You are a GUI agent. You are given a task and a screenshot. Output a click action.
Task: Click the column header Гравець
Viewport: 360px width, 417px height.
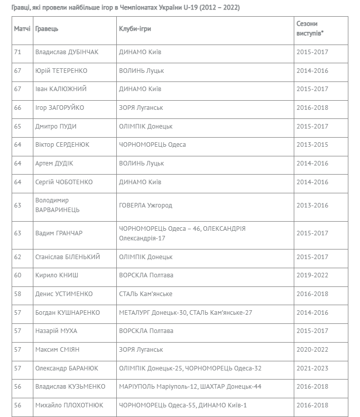point(47,29)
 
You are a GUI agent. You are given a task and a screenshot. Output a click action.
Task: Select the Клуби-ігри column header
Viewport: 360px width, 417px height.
point(134,29)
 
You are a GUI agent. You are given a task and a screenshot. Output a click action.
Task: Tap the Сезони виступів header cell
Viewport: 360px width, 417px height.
point(309,29)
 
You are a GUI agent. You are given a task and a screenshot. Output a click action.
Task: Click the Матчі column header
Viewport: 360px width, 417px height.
point(22,29)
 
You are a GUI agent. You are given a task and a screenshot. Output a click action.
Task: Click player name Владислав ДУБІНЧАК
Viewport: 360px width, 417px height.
point(67,52)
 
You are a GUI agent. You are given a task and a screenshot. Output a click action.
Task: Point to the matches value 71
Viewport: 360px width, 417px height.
point(18,52)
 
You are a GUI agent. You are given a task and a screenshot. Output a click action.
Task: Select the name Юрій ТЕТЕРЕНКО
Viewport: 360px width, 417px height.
point(61,70)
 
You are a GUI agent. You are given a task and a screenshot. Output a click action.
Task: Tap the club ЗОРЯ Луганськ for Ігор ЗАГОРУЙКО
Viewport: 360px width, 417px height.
point(141,107)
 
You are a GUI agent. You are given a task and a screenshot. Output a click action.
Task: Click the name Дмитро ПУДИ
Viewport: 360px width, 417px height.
point(56,126)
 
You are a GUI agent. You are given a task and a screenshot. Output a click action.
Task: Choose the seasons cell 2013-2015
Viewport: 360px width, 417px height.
point(312,144)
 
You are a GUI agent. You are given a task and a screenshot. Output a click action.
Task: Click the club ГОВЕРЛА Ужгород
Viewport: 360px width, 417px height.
point(145,205)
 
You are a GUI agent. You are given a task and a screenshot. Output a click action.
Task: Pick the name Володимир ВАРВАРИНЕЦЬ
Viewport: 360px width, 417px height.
point(57,205)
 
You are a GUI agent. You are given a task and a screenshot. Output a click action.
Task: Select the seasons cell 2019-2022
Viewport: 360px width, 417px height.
point(312,275)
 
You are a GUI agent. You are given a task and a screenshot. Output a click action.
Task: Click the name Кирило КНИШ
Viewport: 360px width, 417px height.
point(57,275)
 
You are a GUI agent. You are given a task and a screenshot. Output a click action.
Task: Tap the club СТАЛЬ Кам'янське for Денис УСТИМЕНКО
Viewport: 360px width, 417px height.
point(146,294)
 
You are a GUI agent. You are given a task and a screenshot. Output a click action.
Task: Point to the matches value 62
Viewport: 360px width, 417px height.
point(18,257)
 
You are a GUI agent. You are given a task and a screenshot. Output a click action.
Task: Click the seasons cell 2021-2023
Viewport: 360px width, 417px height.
point(312,368)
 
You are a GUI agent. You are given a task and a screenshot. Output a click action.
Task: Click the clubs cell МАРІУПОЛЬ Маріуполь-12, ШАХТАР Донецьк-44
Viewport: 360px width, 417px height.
point(190,387)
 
